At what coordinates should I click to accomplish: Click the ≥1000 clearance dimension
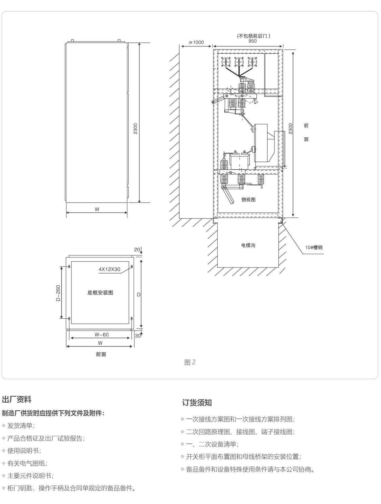click(x=196, y=42)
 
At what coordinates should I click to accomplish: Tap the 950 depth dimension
click(x=252, y=41)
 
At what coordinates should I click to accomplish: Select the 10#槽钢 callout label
click(x=314, y=247)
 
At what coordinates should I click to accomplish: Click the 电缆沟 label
click(x=248, y=245)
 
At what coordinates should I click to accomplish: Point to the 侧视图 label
click(x=248, y=199)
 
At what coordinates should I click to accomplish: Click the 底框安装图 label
click(x=100, y=292)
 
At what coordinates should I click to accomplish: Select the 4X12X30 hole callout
click(x=109, y=269)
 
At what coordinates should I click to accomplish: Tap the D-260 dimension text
click(x=58, y=293)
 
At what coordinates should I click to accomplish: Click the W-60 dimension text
click(x=101, y=335)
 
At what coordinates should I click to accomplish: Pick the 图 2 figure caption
click(x=190, y=362)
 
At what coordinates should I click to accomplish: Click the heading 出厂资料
click(x=16, y=399)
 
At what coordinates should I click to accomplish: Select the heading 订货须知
click(x=197, y=403)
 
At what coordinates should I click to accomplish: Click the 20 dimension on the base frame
click(x=137, y=250)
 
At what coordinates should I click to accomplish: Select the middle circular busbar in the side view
click(x=239, y=62)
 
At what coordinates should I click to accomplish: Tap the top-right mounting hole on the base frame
click(x=131, y=267)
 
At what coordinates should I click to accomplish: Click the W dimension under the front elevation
click(x=97, y=209)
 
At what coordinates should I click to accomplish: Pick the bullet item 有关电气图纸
click(x=27, y=463)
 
